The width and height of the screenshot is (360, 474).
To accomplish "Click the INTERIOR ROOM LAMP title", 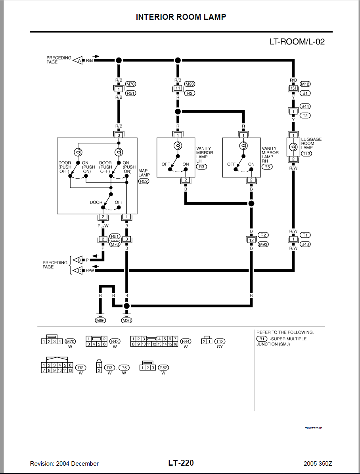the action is (x=181, y=17).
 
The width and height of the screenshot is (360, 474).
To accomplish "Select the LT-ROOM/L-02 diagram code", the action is (x=297, y=42).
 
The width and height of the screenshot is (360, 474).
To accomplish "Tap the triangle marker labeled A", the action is (x=78, y=60).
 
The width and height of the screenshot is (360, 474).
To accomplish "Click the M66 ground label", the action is (x=100, y=320).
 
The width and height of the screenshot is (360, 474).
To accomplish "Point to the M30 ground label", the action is (x=126, y=320).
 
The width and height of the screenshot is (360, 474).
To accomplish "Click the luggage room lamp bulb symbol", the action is (x=293, y=147).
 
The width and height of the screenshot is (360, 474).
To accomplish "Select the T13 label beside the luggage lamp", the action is (x=306, y=154).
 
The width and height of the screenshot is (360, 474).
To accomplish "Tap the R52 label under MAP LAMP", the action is (x=144, y=181).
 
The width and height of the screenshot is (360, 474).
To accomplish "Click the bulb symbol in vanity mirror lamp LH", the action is (x=178, y=146).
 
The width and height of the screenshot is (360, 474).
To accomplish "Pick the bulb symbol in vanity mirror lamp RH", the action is (x=243, y=146).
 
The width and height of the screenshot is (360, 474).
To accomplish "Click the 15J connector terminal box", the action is (x=293, y=88).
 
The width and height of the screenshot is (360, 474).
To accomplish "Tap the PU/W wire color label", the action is (x=103, y=226).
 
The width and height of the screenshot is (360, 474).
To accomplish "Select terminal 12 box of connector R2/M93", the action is (x=251, y=240).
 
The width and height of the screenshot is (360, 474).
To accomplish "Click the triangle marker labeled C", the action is (x=78, y=270).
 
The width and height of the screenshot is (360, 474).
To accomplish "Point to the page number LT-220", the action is (x=181, y=463).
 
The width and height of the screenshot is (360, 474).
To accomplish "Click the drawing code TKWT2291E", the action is (x=314, y=428).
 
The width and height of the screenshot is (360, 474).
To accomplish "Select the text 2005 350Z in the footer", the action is (x=318, y=464).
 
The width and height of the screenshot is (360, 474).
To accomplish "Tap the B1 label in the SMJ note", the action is (x=262, y=339).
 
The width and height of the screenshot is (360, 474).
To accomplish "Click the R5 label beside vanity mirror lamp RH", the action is (x=267, y=167).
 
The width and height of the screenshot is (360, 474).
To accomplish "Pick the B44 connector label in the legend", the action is (x=186, y=342).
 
